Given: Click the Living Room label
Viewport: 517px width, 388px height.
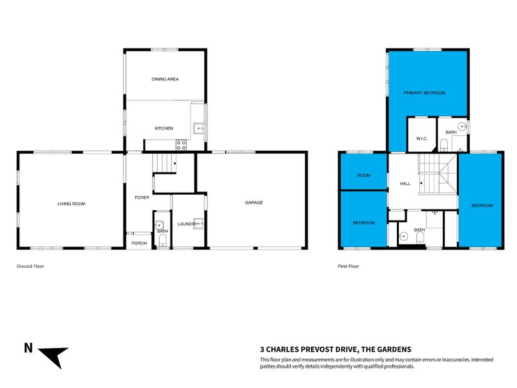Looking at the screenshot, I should pos(71,204).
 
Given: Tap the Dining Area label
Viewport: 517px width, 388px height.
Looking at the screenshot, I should pos(165,79).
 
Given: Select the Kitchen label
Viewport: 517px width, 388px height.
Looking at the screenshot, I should pos(164,128).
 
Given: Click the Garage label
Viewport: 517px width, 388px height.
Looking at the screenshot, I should pos(253,202).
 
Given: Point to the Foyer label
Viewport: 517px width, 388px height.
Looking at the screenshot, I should pos(142,197).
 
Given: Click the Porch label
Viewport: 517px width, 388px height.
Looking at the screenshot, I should pos(138,243).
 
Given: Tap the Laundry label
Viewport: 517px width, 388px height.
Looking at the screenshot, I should pos(187,224).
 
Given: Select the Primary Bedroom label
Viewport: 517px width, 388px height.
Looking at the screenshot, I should pos(425,93).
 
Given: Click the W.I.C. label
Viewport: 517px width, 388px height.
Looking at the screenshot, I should pos(422,138).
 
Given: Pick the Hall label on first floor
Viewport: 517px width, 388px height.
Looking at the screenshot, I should pos(405,184).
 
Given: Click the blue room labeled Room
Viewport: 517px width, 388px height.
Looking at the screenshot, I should pos(364,175).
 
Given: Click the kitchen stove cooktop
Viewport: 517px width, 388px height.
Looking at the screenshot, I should pos(182,145).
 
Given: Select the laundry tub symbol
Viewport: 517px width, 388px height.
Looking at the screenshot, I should pos(199,224).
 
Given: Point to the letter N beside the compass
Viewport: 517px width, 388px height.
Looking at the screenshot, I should pos(28,348).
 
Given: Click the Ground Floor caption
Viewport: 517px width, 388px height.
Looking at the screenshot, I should pos(30,266).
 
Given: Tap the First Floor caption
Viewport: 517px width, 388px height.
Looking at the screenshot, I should pos(348,266).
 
